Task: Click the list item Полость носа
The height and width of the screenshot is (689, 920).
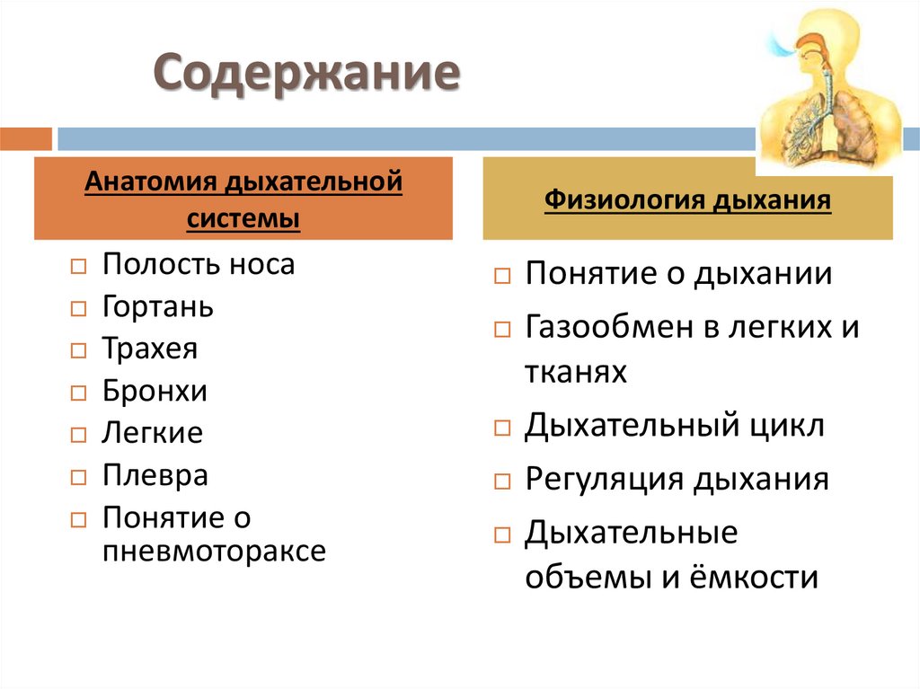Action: click(x=199, y=265)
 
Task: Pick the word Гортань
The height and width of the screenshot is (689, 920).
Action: click(x=158, y=307)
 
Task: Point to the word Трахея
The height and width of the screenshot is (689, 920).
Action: click(x=150, y=349)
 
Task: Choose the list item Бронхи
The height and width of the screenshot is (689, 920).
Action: click(x=155, y=392)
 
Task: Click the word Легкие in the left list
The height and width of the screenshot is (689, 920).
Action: click(x=153, y=434)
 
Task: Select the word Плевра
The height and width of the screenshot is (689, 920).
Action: click(x=155, y=475)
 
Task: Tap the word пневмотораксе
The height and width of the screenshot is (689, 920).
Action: click(x=214, y=551)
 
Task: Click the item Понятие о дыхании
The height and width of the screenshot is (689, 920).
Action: click(x=678, y=274)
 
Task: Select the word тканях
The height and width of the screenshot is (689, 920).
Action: click(x=575, y=372)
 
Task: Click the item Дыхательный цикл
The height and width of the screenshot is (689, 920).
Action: click(x=674, y=426)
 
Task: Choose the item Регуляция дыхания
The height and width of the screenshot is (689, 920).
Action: click(x=677, y=480)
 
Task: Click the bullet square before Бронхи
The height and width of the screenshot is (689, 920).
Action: click(x=78, y=393)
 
